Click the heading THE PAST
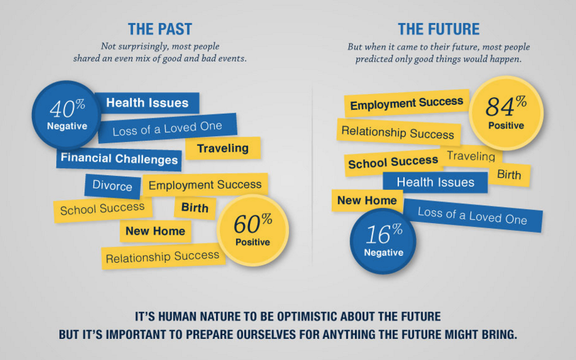click(160, 29)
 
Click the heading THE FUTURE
click(439, 29)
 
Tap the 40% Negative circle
click(66, 115)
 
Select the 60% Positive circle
click(253, 231)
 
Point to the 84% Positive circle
click(506, 113)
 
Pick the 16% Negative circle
click(383, 241)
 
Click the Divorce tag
click(113, 186)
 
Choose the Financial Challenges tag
click(119, 159)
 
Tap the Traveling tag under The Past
click(223, 148)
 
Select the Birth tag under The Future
click(509, 175)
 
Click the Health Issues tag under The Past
click(147, 103)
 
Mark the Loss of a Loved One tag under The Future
click(472, 215)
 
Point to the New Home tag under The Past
click(155, 231)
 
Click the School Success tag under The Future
click(393, 162)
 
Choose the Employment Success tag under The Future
click(407, 103)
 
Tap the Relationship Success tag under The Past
click(163, 256)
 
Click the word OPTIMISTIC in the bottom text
click(307, 317)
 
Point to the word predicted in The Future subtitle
click(373, 59)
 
